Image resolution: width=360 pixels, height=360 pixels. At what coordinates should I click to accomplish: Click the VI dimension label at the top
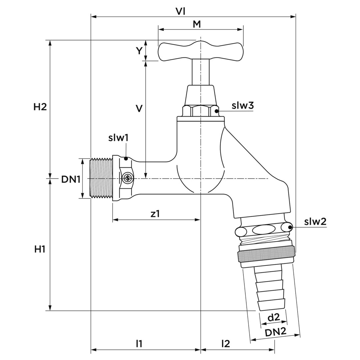pos(180,11)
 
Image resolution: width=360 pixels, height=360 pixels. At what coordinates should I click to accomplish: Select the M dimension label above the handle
pos(197,24)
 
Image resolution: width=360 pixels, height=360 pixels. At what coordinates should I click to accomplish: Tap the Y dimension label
pos(139,51)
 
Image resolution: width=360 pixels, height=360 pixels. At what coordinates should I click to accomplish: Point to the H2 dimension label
pos(40,107)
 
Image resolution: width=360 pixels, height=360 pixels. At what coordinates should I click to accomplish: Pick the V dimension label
pos(139,108)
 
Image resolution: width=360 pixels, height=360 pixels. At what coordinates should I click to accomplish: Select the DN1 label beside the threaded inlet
pos(71,179)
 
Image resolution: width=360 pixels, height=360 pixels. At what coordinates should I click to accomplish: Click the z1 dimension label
pos(155,214)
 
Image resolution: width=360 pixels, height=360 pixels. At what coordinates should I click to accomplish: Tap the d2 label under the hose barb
pos(274,318)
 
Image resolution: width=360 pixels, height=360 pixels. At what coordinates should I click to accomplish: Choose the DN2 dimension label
pos(276,332)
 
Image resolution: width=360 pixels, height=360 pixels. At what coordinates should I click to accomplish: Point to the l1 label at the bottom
pos(139,344)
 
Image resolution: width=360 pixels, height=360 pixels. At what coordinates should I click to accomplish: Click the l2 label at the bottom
pos(226,344)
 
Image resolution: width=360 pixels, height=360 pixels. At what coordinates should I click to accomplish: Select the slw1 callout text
pos(118,138)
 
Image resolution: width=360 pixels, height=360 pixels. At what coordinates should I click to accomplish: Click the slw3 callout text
pos(243,106)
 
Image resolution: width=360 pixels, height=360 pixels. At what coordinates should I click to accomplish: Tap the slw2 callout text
pos(315,222)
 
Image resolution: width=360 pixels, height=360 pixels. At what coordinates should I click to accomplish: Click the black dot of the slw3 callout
pos(217,111)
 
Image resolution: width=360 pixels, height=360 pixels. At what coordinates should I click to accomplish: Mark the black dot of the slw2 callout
pos(290,228)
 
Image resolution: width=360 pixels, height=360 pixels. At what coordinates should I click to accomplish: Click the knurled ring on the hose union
pos(266,257)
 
